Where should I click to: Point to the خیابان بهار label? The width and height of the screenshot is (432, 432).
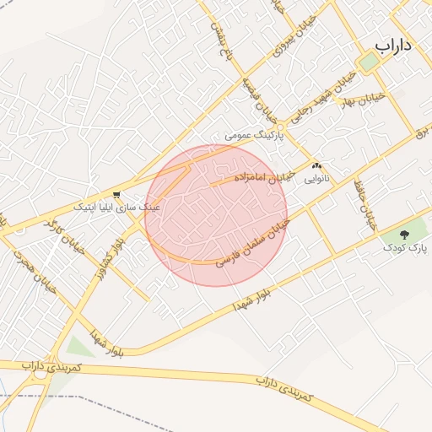tap(364, 99)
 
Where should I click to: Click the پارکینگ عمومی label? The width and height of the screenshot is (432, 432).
tap(256, 134)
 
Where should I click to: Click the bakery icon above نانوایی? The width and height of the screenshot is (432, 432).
tap(317, 166)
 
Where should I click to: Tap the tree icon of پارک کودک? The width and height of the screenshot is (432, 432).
tap(404, 234)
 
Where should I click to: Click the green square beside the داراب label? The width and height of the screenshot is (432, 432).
tap(369, 62)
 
